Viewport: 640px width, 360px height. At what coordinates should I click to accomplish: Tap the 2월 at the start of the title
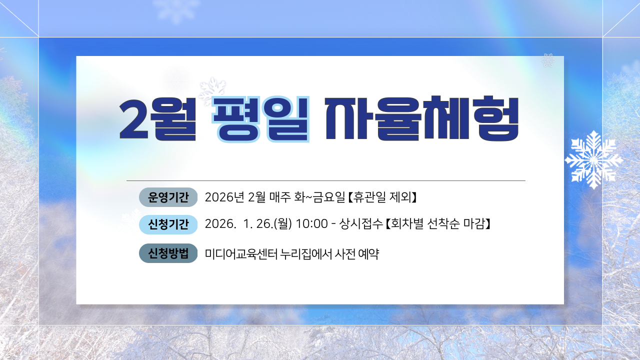pos(156,118)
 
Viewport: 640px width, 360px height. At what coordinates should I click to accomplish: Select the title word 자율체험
pos(422,118)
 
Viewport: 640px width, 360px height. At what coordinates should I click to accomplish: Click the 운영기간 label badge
pos(168,197)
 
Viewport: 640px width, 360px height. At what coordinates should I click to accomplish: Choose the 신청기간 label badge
pos(168,224)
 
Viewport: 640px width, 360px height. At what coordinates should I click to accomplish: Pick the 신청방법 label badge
pos(168,253)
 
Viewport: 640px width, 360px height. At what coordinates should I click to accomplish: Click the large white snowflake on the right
pos(593,159)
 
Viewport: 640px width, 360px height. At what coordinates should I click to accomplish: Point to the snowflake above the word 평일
pos(212,90)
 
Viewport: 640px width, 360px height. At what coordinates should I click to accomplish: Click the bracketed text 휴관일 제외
pos(382,197)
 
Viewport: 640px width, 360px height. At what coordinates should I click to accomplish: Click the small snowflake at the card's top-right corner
pos(548,61)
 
